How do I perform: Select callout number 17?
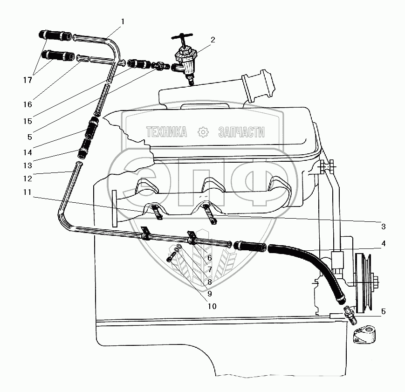tap(28, 80)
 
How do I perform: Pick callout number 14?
tap(28, 138)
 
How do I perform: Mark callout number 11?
tap(27, 192)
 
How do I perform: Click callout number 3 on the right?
tap(383, 227)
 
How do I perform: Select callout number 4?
tap(383, 243)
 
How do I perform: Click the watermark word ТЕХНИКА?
tap(166, 132)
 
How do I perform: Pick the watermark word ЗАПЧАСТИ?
tap(241, 132)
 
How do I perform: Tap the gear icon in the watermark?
tap(203, 132)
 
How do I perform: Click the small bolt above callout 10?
tap(174, 256)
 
